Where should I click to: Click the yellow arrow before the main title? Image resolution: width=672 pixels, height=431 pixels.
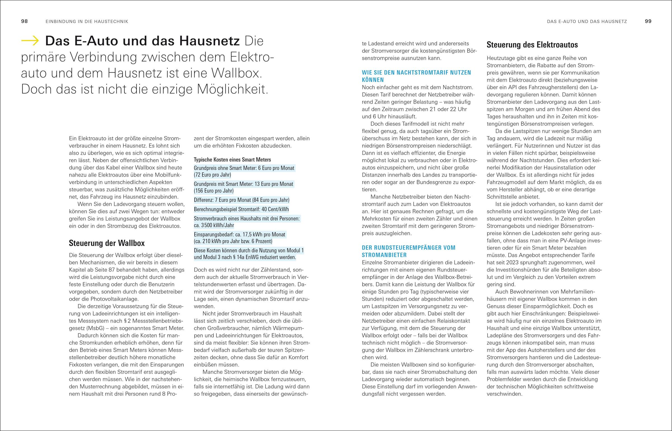[x=30, y=41]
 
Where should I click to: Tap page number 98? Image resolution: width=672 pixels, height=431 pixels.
[x=24, y=21]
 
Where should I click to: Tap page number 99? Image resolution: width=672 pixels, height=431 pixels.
[x=648, y=21]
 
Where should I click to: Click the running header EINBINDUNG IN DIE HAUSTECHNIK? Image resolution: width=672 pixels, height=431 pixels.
[x=87, y=22]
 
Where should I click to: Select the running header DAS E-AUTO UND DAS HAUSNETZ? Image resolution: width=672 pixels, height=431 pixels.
[x=587, y=22]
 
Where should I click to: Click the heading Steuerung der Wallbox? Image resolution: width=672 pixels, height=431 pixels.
[x=107, y=243]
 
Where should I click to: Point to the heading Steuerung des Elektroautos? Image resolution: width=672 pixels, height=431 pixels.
[x=532, y=45]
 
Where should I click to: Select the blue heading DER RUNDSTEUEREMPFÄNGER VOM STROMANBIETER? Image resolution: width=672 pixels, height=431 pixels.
[x=409, y=251]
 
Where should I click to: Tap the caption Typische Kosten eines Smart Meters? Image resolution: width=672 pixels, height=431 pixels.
[x=232, y=160]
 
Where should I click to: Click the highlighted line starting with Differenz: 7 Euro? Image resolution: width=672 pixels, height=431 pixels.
[x=241, y=200]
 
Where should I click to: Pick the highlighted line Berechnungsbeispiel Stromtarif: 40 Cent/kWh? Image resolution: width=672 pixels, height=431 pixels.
[x=241, y=209]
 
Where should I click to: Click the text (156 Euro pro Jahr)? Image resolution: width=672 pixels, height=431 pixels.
[x=213, y=191]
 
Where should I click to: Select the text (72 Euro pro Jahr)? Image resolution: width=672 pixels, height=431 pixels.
[x=212, y=175]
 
